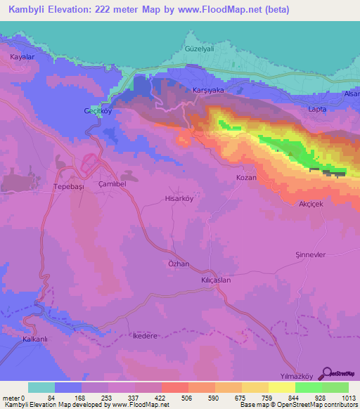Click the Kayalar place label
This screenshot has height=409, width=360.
coord(22,56)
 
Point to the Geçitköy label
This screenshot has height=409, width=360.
coord(98,112)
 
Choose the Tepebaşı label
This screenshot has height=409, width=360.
coord(68,187)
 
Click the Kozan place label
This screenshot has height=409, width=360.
coord(246,178)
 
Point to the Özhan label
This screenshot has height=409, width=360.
coord(179,264)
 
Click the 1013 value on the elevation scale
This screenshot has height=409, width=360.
coord(349,398)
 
